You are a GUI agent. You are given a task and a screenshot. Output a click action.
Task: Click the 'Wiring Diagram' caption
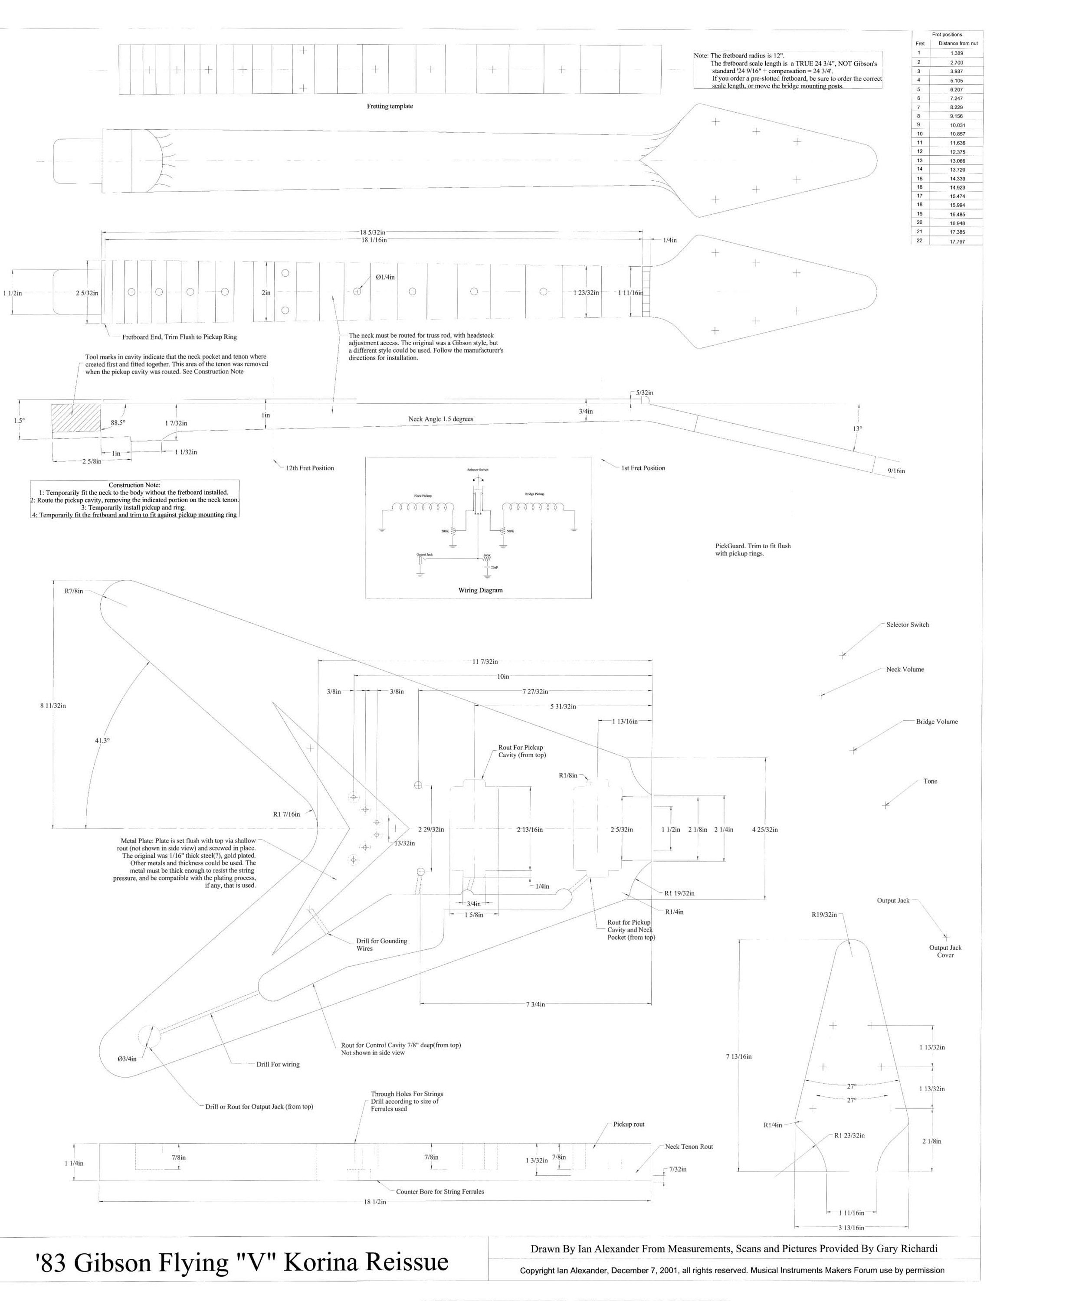480,590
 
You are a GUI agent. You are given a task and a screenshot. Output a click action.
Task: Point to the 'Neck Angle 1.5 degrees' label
440,419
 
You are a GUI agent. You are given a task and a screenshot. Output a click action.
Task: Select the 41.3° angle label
102,740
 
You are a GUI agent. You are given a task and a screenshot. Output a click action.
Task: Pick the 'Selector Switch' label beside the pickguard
907,624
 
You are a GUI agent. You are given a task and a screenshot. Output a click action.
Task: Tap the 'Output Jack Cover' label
945,951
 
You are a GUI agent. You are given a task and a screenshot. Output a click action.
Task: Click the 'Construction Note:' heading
134,485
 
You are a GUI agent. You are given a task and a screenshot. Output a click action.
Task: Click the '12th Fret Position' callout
310,468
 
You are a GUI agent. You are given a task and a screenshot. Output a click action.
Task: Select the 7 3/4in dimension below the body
535,1004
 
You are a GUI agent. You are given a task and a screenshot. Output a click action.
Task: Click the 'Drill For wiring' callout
278,1064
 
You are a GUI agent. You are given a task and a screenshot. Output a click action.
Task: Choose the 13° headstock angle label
857,428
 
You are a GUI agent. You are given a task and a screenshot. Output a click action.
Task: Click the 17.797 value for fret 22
957,241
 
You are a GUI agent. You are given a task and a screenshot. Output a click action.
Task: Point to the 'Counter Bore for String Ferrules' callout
439,1191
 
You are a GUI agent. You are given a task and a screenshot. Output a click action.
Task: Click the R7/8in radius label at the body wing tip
74,591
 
